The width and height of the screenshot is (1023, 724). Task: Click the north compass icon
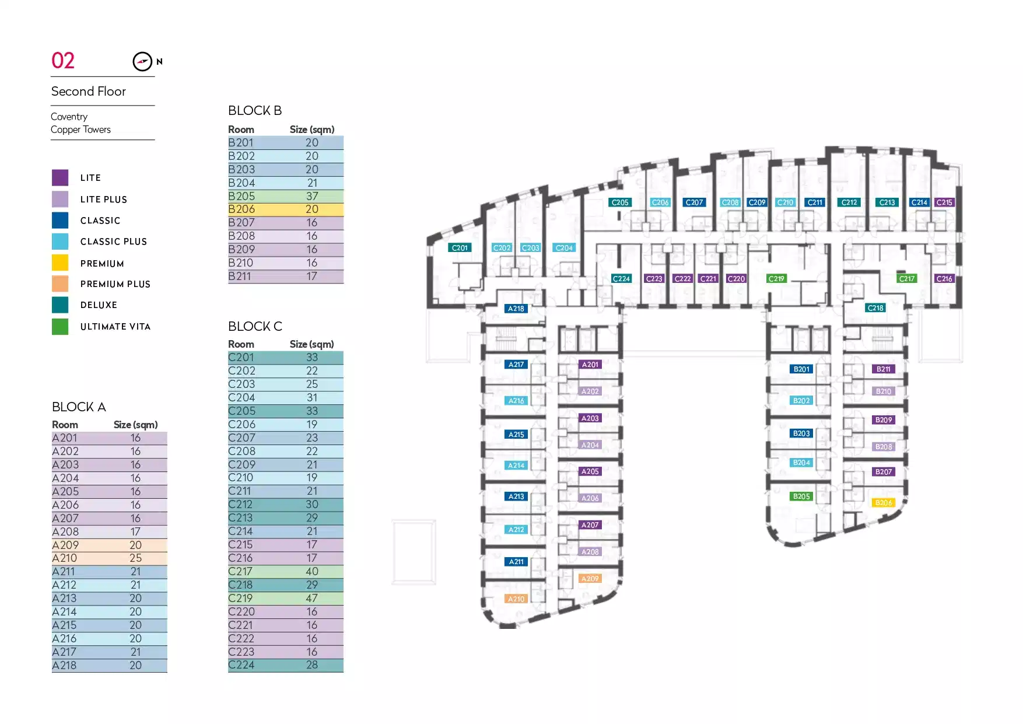tap(142, 61)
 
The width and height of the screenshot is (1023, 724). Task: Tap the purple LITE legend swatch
tap(60, 177)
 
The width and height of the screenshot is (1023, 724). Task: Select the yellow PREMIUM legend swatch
tap(60, 263)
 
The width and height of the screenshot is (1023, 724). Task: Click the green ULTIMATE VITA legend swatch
tap(60, 327)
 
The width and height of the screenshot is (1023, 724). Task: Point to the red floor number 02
tap(63, 61)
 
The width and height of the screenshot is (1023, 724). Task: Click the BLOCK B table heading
tap(255, 110)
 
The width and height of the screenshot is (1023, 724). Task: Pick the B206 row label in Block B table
tap(241, 209)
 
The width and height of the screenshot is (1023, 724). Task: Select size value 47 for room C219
tap(312, 599)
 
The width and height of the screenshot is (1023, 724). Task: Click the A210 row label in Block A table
tap(65, 558)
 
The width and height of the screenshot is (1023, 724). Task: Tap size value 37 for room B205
tap(312, 196)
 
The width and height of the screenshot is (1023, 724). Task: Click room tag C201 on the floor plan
tap(460, 248)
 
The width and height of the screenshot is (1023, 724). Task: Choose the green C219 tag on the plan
tap(776, 279)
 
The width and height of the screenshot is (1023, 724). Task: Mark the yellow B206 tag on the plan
tap(884, 503)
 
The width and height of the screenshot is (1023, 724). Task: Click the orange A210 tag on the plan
tap(516, 599)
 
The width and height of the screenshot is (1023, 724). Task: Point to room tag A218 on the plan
tap(516, 309)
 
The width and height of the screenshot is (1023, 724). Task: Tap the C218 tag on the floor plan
tap(875, 308)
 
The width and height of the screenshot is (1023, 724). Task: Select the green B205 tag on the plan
tap(801, 496)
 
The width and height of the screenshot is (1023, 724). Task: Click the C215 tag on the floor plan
tap(944, 202)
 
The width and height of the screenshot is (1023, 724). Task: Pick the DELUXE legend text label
tap(99, 305)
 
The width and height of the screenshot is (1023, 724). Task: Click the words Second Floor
tap(89, 92)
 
